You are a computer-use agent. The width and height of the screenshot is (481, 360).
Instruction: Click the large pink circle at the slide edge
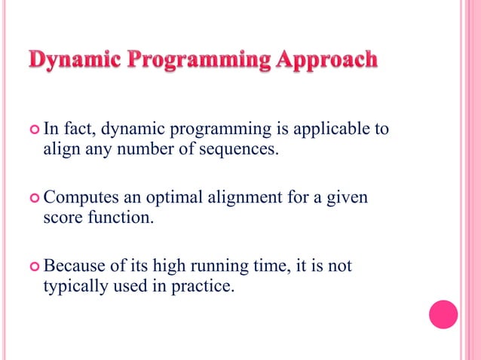pyautogui.click(x=443, y=315)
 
